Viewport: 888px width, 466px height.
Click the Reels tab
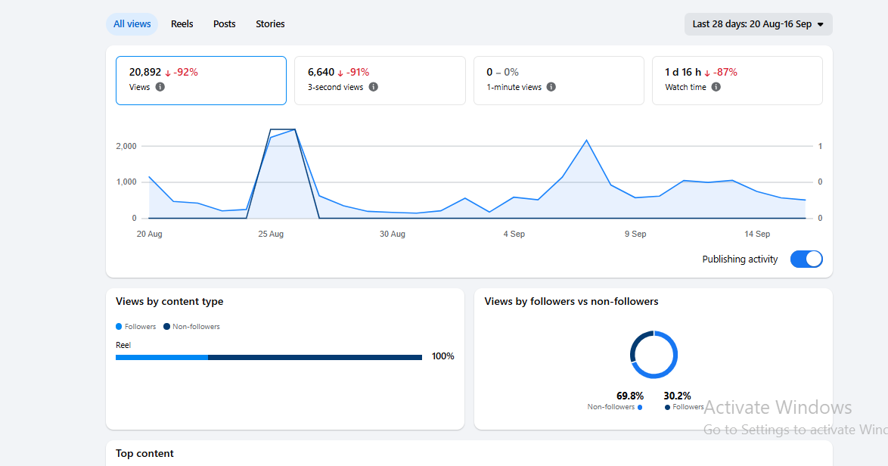182,23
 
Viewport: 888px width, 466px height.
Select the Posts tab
224,23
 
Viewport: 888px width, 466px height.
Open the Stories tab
270,23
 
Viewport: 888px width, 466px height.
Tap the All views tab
132,23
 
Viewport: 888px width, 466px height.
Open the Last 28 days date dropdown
759,24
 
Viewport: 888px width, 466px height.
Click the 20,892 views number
145,72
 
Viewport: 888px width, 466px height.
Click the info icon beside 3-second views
373,87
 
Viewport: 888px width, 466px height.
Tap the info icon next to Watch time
716,87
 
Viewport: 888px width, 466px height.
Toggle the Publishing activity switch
806,259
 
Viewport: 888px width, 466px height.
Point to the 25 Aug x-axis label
271,234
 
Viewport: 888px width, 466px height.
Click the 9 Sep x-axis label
635,234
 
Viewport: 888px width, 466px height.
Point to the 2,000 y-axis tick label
126,146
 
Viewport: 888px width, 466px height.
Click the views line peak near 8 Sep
587,141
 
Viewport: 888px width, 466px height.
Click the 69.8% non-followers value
630,396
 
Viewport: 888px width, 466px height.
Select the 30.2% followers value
677,396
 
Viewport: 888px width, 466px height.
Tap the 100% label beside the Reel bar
443,356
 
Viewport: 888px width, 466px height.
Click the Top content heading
144,454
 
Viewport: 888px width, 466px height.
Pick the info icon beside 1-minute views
551,87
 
